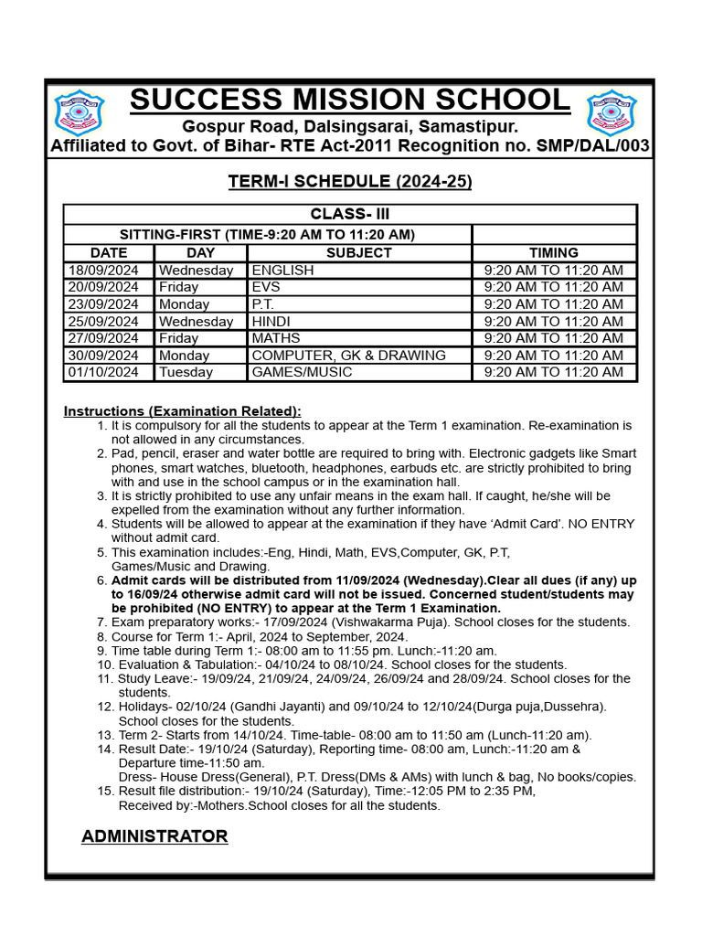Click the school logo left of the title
click(79, 112)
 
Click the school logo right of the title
click(611, 112)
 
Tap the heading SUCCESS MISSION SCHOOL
click(349, 101)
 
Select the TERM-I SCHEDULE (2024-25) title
click(350, 182)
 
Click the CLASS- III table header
click(349, 214)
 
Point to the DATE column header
click(109, 252)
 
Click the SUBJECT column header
click(358, 252)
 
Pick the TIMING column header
click(553, 252)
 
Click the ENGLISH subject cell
click(282, 270)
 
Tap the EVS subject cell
click(267, 287)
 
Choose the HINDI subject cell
click(273, 321)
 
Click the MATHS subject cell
click(275, 338)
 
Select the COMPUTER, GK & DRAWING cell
click(348, 355)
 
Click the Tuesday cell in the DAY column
click(186, 372)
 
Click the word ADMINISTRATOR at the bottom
click(154, 836)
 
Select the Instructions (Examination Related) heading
click(182, 411)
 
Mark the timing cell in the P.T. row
click(553, 303)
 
